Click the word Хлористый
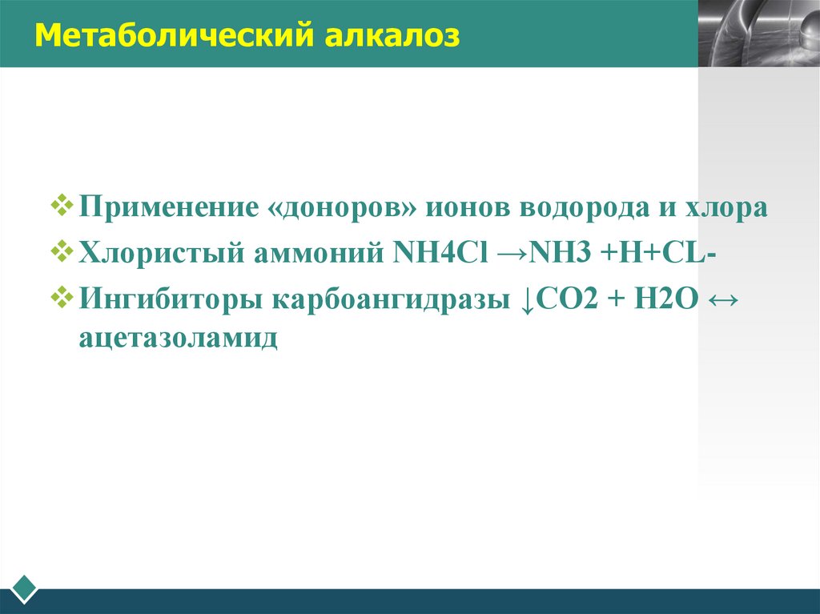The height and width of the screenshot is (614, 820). [x=160, y=255]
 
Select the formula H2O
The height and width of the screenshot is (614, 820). [x=656, y=302]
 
